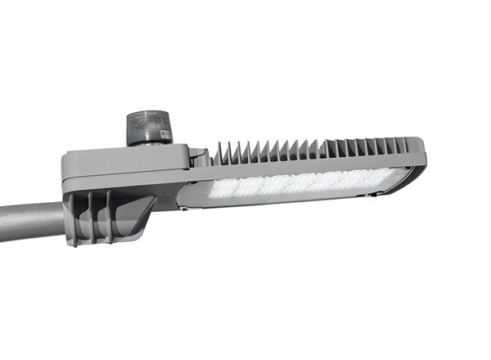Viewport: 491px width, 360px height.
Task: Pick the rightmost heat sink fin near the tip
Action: coord(403,146)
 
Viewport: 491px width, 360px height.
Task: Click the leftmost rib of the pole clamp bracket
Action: coord(74,218)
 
